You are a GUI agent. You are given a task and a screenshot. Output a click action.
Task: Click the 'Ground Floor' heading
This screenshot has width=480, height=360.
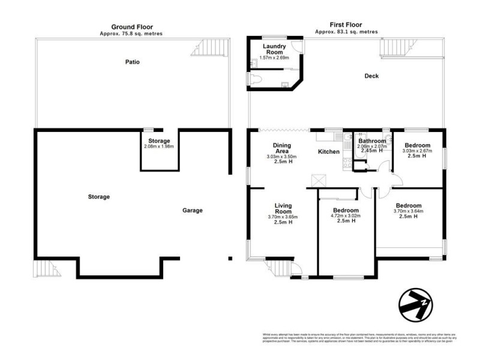tap(132, 27)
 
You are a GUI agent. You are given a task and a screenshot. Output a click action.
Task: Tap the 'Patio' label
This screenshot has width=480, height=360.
tap(133, 62)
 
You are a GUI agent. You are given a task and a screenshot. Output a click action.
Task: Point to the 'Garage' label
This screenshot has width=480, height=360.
tap(193, 211)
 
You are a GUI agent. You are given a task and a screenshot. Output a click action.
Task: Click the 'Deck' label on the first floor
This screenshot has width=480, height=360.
tap(372, 76)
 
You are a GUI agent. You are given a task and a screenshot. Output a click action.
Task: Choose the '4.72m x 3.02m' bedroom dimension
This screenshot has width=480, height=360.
tap(346, 215)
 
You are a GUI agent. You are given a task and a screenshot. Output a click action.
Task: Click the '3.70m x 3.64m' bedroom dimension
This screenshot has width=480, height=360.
tap(409, 211)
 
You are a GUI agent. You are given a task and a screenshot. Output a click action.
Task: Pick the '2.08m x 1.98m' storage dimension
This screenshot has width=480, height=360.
tap(159, 146)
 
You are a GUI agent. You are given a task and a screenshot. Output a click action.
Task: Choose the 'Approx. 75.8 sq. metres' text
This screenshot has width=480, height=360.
tap(131, 34)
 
